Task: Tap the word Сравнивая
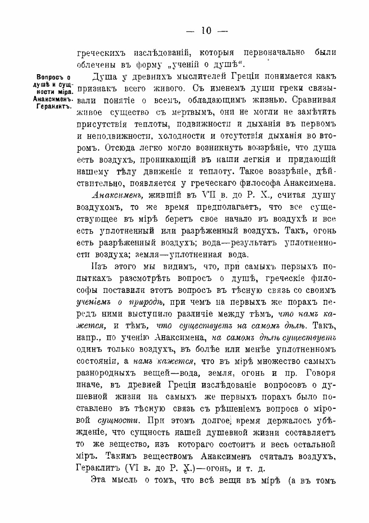[312, 101]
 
